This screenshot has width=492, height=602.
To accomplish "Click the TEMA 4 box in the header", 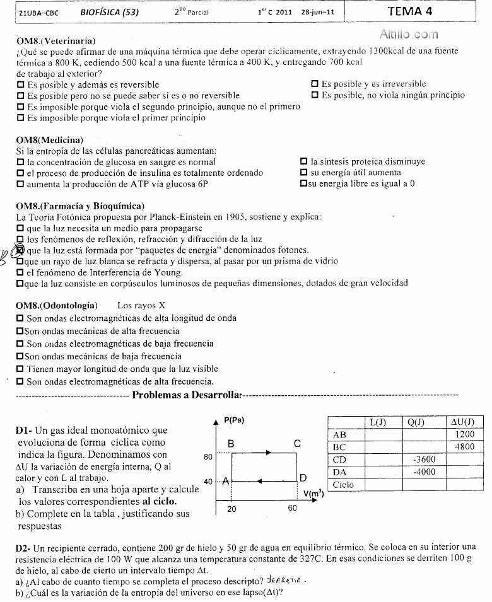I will pos(410,11).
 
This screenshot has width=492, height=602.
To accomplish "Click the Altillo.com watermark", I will pos(408,35).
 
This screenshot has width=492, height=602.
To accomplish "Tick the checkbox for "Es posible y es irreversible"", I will pos(315,84).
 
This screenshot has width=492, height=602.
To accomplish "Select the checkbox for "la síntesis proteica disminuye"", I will pos(304,161).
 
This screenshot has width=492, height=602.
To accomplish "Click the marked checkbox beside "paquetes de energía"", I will pos(20,250).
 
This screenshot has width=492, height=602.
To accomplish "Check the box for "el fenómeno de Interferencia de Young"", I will pos(20,272).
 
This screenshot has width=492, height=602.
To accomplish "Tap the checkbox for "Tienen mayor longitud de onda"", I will pos(20,369).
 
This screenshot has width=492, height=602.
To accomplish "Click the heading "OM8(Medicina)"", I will pos(49,139).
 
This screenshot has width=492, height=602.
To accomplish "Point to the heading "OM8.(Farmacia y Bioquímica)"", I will pos(80,205).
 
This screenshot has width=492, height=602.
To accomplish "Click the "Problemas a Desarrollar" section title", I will pos(187,395).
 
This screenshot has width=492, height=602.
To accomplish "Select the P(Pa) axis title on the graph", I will pos(233,420).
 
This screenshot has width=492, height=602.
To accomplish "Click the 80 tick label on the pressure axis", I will pos(208,456).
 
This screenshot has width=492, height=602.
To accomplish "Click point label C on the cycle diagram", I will pos(297,444).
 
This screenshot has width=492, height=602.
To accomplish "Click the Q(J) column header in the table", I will pos(416,422).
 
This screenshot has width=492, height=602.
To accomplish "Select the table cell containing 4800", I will pos(463,447).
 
